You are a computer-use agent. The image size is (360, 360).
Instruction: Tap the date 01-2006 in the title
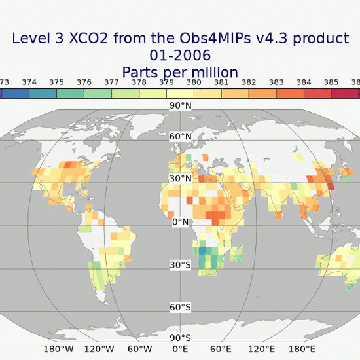coord(180,55)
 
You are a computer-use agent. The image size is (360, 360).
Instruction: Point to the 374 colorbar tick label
coord(29,82)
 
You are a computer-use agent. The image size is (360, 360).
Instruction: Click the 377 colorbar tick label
coord(111,82)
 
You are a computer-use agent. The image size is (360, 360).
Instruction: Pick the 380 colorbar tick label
coord(194,82)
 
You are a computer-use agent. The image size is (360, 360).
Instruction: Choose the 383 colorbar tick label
coord(276,82)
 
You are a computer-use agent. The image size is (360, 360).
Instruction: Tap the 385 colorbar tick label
coord(331,82)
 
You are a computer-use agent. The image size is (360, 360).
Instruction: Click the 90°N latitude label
coord(180,105)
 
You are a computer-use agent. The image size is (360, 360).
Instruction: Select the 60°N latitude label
coord(180,137)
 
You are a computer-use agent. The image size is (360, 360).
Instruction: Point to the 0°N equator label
coord(180,222)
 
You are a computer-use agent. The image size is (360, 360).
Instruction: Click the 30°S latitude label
coord(180,265)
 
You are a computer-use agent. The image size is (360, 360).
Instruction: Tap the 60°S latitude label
coord(180,307)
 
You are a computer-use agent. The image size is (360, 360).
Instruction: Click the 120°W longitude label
coord(99,349)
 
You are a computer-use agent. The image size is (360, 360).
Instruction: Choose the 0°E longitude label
coord(180,349)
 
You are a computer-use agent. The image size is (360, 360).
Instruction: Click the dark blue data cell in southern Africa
coord(203,249)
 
